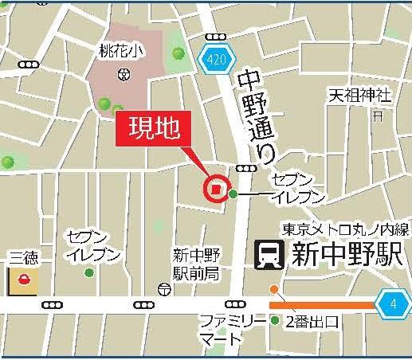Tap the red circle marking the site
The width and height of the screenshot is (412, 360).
pos(215,189)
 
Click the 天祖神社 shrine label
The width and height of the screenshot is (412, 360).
pos(361,96)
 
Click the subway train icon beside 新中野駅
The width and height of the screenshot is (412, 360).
pos(269,255)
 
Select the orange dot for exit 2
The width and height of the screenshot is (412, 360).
pos(274,289)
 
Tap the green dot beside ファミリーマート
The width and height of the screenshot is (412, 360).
pos(275,321)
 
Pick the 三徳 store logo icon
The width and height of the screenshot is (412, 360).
pos(24,280)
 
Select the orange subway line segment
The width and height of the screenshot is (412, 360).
pos(322,304)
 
